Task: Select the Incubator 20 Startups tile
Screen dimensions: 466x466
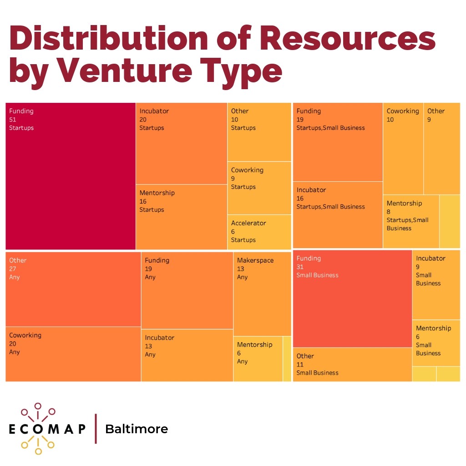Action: (181, 143)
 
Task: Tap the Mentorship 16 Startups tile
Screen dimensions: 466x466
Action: (181, 217)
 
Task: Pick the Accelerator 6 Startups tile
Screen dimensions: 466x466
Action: (259, 232)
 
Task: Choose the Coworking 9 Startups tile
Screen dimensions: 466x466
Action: (259, 187)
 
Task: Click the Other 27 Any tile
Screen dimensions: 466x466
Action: (73, 289)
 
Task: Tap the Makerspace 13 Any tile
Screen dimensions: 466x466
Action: (262, 294)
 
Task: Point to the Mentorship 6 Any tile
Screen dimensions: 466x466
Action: (258, 359)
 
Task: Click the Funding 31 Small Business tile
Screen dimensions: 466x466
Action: (352, 299)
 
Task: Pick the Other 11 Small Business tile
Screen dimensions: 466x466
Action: (352, 364)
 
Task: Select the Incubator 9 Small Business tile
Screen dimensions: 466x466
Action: (436, 284)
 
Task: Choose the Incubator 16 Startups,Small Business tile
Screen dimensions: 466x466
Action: (338, 214)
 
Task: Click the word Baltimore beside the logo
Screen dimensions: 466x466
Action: (137, 429)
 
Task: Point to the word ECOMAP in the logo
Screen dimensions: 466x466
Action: (47, 429)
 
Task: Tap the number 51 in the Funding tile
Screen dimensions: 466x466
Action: (13, 119)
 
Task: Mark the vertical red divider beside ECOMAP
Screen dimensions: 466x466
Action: (96, 429)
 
